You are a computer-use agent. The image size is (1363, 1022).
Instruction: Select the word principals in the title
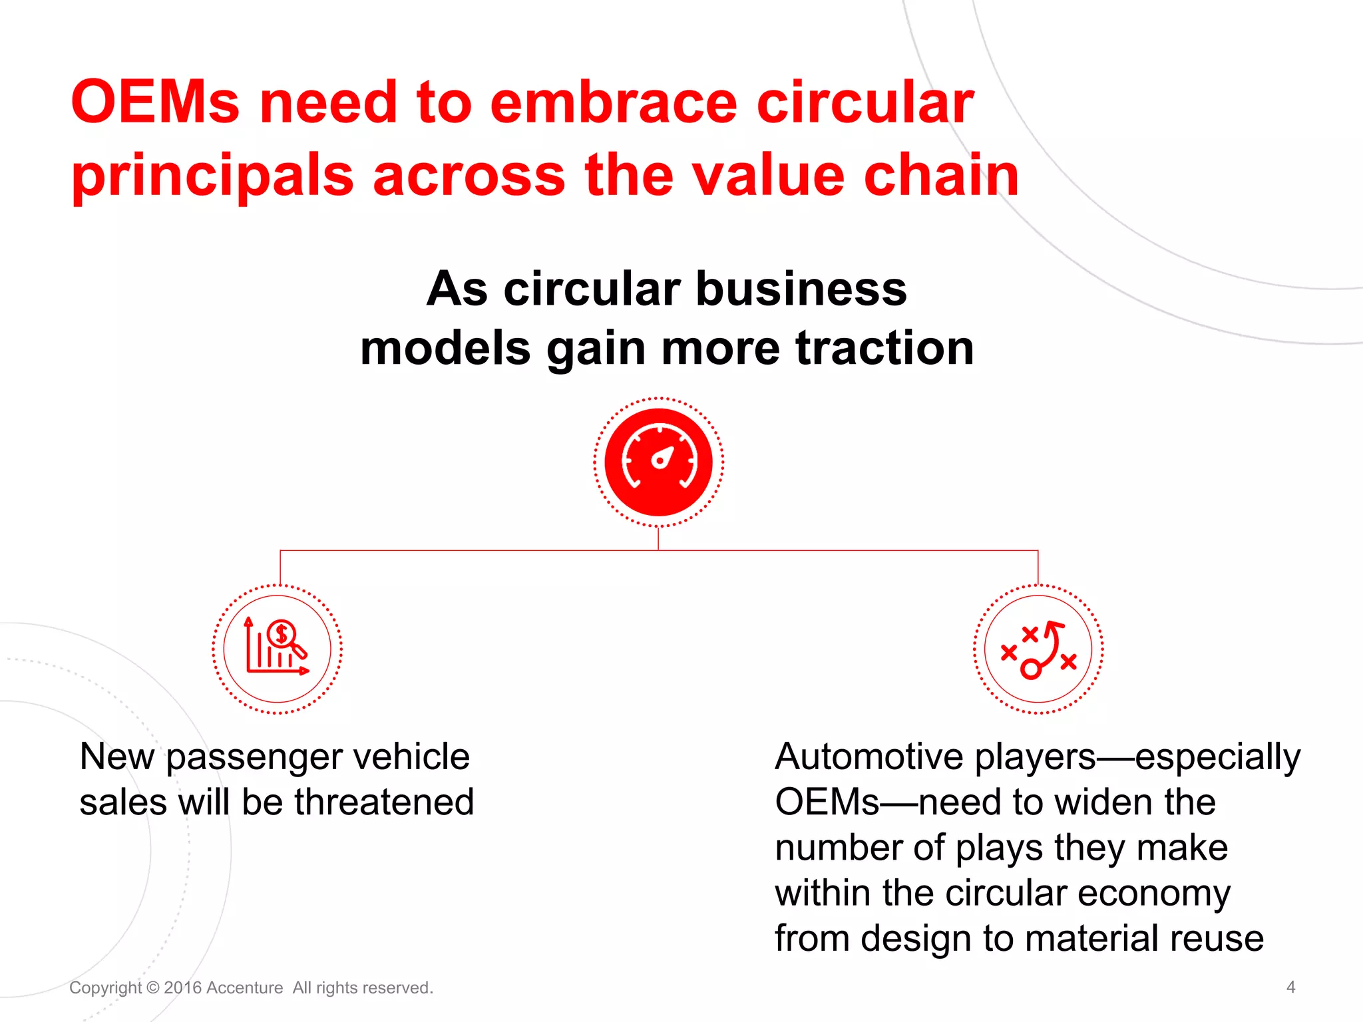click(x=212, y=176)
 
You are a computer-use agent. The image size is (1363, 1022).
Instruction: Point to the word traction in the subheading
click(x=884, y=348)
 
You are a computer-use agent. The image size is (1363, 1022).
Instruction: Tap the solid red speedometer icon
click(x=658, y=462)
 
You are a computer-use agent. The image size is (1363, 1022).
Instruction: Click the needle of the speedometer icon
click(x=663, y=457)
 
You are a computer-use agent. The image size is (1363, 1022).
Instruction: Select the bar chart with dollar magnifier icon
click(x=277, y=649)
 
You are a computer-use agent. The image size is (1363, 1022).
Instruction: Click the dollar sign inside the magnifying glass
click(x=282, y=633)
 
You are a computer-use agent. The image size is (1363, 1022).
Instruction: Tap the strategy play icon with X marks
click(x=1038, y=649)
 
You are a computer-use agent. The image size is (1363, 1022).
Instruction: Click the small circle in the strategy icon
click(x=1030, y=669)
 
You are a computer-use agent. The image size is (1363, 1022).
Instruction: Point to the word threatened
click(x=384, y=802)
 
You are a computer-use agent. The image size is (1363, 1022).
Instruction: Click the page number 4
click(x=1290, y=987)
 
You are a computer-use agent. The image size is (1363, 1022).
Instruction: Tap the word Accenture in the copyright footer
click(x=244, y=987)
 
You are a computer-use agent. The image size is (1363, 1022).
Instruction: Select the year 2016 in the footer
click(x=182, y=987)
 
